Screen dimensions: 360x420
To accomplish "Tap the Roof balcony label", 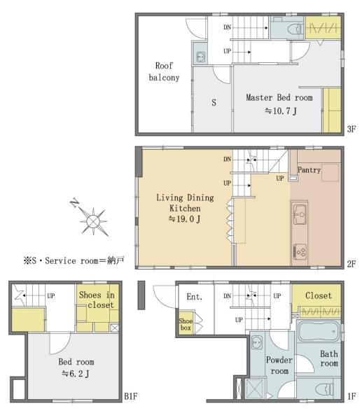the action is pos(164,71).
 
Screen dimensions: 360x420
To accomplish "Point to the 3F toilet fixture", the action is pos(296,29).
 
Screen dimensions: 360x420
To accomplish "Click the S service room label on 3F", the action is pos(214,103).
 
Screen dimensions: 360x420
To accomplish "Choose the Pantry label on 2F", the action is pos(309,170).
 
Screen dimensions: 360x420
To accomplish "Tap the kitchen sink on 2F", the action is pos(300,215).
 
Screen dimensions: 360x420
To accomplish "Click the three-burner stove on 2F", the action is pos(300,251).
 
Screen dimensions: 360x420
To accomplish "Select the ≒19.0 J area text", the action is pos(184,219).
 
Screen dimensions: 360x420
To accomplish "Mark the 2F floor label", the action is pos(351,264).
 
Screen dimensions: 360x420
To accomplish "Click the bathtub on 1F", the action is pos(319,331).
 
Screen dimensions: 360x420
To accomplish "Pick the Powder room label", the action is pos(279,365).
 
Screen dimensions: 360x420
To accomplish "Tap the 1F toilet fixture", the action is pos(324,389).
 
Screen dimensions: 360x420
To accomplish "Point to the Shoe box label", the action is pos(186,324).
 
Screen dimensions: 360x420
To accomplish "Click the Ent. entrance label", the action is pos(194,297).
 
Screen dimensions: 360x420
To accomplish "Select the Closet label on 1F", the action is pos(319,295).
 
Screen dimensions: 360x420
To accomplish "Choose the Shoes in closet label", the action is pos(97,300).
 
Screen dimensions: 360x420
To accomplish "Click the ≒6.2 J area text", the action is pos(76,374).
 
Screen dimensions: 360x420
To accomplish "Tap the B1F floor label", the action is pos(130,397).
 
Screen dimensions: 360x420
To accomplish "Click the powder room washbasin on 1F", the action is pos(257,342).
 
